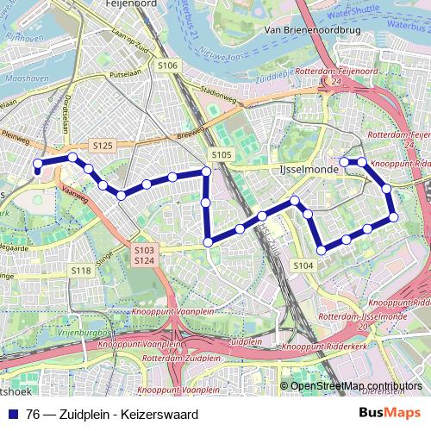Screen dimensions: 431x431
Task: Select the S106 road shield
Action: pyautogui.click(x=167, y=66)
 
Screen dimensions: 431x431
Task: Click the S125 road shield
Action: pyautogui.click(x=103, y=146)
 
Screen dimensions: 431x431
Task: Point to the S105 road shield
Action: pyautogui.click(x=222, y=154)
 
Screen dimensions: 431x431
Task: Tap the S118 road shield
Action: pyautogui.click(x=81, y=271)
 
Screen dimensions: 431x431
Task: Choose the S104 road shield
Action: pyautogui.click(x=303, y=266)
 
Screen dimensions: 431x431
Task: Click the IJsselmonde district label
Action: pyautogui.click(x=301, y=169)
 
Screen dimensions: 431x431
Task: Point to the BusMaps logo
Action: pyautogui.click(x=389, y=413)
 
